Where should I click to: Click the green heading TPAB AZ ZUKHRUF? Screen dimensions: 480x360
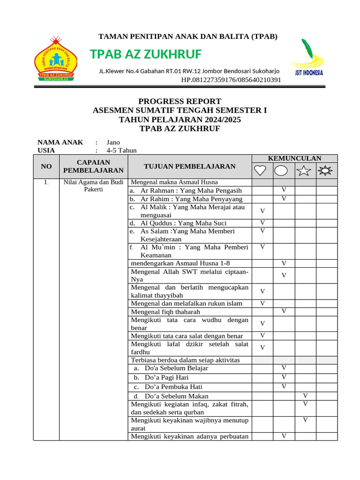[x=146, y=55]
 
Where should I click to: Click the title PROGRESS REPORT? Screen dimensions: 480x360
[x=180, y=101]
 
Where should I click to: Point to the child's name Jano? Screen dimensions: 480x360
[x=113, y=142]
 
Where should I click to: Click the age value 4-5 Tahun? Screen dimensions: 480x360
[x=122, y=150]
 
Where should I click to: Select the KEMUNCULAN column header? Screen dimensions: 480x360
[x=294, y=158]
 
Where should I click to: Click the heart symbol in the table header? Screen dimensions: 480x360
[x=262, y=170]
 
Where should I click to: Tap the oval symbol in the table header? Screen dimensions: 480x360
[x=284, y=170]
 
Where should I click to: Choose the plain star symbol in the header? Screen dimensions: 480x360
[x=305, y=170]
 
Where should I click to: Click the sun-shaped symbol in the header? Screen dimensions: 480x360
[x=326, y=170]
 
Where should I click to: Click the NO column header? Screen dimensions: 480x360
[x=46, y=166]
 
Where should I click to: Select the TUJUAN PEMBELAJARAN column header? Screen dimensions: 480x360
[x=189, y=166]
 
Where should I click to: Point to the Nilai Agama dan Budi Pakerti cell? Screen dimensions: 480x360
[x=93, y=186]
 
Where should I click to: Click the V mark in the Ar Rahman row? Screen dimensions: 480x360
[x=284, y=190]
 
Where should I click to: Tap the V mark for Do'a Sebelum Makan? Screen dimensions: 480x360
[x=305, y=396]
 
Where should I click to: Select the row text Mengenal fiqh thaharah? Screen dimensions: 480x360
[x=165, y=312]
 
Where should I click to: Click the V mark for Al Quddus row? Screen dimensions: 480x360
[x=262, y=223]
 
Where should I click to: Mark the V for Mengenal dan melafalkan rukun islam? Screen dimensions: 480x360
[x=262, y=303]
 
